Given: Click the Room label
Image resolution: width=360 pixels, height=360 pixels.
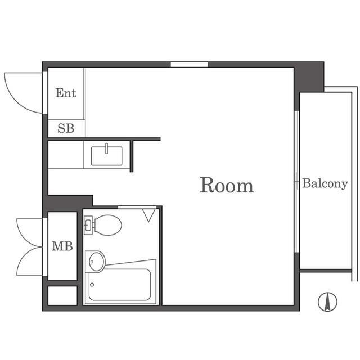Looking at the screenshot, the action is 227,185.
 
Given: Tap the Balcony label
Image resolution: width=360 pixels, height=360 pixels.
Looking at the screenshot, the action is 325,184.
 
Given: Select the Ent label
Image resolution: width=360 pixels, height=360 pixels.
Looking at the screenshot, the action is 66,93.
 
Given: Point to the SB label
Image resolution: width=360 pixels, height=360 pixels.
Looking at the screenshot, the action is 66,128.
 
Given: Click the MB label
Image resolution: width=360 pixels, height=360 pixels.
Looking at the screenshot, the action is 62,246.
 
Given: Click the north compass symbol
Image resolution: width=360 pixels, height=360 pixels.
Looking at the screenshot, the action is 327,301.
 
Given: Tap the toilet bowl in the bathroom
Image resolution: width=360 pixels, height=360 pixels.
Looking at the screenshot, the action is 107,225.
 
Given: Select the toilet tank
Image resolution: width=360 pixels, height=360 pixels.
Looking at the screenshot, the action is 88,225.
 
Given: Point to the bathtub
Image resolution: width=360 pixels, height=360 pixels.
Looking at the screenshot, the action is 120,285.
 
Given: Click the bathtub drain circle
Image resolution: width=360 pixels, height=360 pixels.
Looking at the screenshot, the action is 92,285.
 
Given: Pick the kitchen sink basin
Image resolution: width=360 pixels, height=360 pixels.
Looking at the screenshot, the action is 106,156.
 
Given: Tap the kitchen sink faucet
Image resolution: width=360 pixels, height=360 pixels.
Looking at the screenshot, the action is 106,148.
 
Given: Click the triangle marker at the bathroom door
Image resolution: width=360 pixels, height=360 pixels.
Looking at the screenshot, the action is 148,215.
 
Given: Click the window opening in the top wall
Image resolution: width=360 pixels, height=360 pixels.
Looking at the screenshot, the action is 189,65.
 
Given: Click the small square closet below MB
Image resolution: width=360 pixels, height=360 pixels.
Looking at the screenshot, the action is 62,295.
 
